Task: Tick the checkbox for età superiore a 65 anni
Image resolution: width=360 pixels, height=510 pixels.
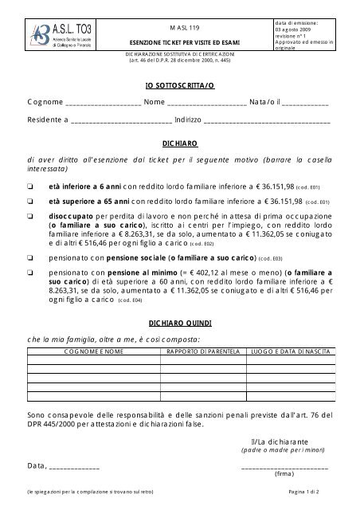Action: click(x=29, y=201)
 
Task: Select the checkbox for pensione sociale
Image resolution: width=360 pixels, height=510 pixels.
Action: click(x=29, y=258)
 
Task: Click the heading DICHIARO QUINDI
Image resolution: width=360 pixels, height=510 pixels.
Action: click(x=179, y=323)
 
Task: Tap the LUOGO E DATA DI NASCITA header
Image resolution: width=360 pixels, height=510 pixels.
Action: click(x=280, y=351)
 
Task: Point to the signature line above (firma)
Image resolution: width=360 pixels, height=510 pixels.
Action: click(x=284, y=467)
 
